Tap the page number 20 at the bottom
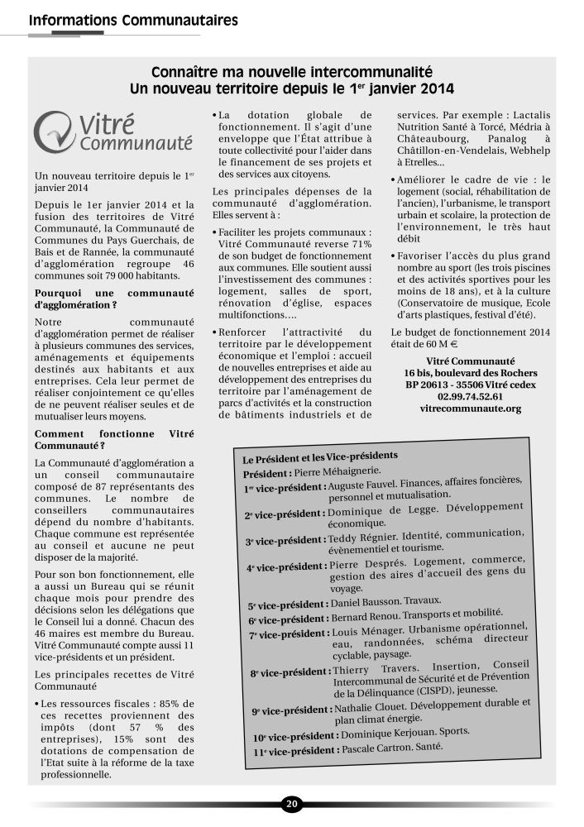click(291, 803)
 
